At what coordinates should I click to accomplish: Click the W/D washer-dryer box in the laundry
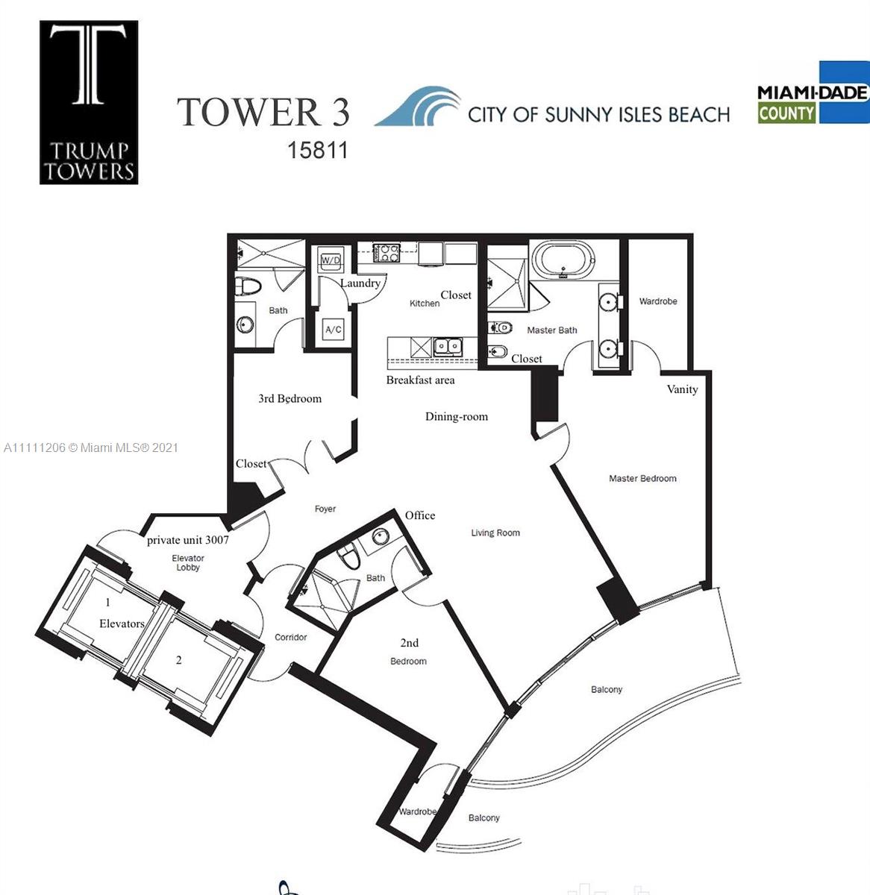331,260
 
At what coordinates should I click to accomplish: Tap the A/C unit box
333,330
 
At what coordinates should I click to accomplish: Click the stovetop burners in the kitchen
386,253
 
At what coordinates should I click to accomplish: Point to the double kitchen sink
448,347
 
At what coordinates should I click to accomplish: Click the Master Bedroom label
642,478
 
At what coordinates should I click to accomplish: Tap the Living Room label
495,533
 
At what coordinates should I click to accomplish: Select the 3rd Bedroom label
290,398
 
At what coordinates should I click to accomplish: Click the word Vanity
682,389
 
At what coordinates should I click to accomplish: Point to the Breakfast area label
421,380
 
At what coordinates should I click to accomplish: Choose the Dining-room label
457,417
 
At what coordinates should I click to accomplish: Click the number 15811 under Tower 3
317,151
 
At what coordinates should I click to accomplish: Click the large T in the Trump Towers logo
88,64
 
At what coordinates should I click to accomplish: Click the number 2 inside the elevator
179,660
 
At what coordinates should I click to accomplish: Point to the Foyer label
325,509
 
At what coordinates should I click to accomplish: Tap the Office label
420,515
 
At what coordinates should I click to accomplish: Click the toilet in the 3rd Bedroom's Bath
248,287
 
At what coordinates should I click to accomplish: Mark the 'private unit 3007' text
188,540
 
